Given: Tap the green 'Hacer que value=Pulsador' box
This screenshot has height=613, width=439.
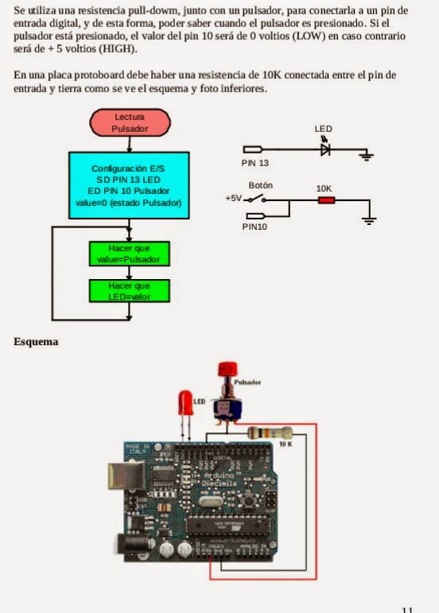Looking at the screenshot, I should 129,254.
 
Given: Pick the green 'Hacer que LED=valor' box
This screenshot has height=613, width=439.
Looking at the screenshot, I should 129,290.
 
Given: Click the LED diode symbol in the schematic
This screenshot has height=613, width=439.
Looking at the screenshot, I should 325,149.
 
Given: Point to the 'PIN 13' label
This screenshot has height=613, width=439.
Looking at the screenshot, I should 256,162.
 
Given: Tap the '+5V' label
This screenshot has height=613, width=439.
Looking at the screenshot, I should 233,199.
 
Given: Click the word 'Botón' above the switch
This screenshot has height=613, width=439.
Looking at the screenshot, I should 261,185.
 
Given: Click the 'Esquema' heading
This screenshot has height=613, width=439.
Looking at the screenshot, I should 36,342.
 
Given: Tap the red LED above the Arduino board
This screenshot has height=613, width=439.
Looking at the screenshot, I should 185,403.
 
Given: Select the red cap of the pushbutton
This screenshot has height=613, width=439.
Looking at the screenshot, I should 228,370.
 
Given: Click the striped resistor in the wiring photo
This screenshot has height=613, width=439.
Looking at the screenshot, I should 270,433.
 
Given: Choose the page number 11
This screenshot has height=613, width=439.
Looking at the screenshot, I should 407,610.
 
